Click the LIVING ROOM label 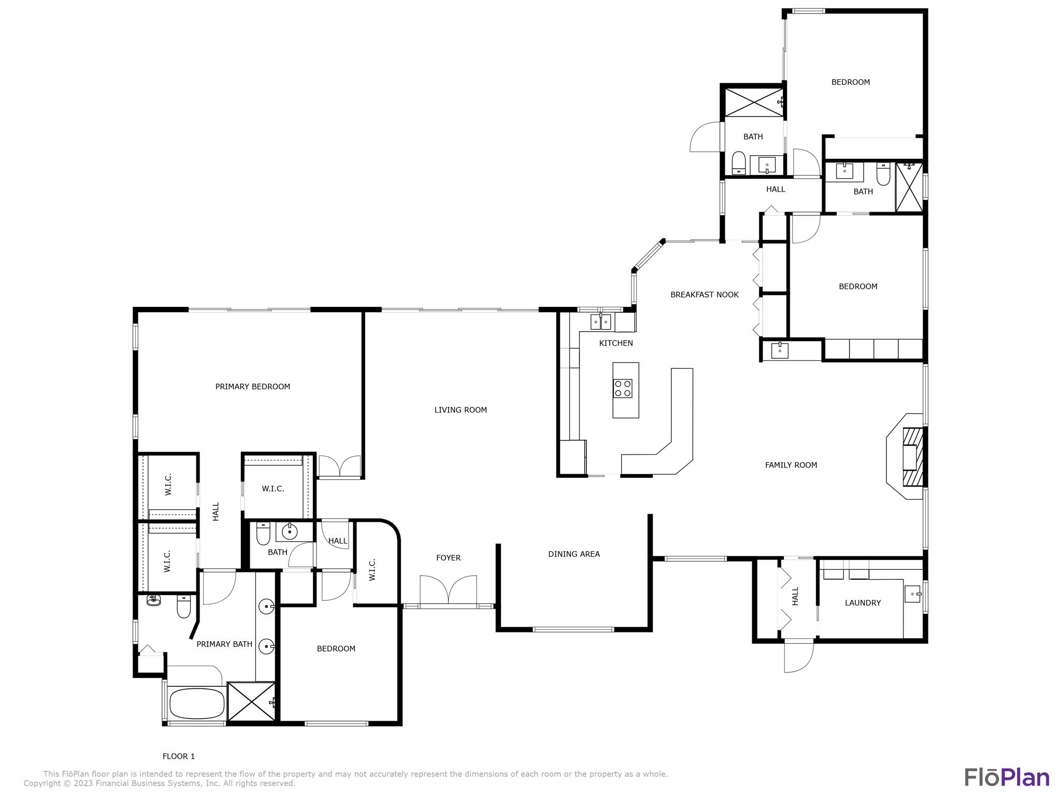460,410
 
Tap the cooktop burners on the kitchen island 623,388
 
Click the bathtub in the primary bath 196,703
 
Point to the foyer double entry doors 448,590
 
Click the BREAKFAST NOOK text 704,295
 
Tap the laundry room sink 912,594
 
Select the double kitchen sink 601,322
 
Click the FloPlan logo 1007,777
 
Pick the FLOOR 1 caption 179,756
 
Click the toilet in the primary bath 183,607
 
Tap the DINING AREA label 573,554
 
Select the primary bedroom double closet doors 339,466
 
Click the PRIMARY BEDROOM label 252,387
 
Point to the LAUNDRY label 863,602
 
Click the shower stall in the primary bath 251,701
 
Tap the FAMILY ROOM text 791,465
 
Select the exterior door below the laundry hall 798,656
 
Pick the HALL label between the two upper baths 776,189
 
